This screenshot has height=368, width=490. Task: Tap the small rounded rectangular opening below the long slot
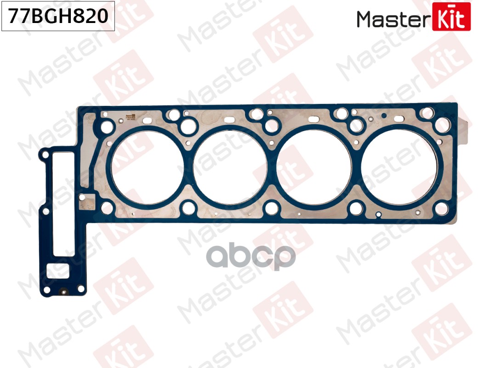(x=60, y=271)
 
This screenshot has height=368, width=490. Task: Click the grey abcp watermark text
(x=251, y=258)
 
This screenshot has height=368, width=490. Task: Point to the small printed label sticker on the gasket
(x=127, y=117)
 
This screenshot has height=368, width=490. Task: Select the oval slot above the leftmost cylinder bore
(x=147, y=121)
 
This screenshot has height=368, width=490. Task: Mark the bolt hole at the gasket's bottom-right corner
(x=441, y=208)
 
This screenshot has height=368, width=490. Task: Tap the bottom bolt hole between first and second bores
(x=188, y=208)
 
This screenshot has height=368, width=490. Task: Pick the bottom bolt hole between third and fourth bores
(x=356, y=208)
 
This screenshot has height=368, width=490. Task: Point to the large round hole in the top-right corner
(x=443, y=123)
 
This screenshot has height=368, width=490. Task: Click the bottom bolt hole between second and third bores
(x=272, y=208)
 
